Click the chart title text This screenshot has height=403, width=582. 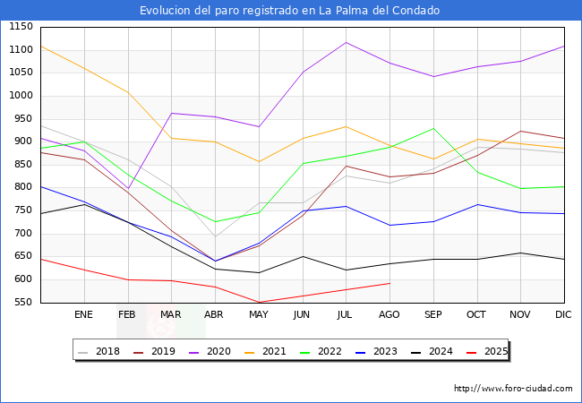tap(290, 11)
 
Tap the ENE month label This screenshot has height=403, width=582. tap(83, 315)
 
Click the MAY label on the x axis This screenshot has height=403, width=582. tap(258, 315)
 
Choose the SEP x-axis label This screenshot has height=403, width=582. tap(432, 315)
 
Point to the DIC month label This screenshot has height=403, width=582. tap(563, 315)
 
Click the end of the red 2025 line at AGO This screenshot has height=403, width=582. tap(389, 283)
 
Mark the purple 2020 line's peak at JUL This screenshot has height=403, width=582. tap(346, 42)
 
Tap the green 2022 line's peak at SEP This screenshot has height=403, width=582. tap(433, 128)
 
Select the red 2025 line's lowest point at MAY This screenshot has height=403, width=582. tap(259, 302)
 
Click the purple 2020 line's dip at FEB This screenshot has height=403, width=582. tap(128, 189)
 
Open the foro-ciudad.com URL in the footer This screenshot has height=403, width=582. tap(513, 389)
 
